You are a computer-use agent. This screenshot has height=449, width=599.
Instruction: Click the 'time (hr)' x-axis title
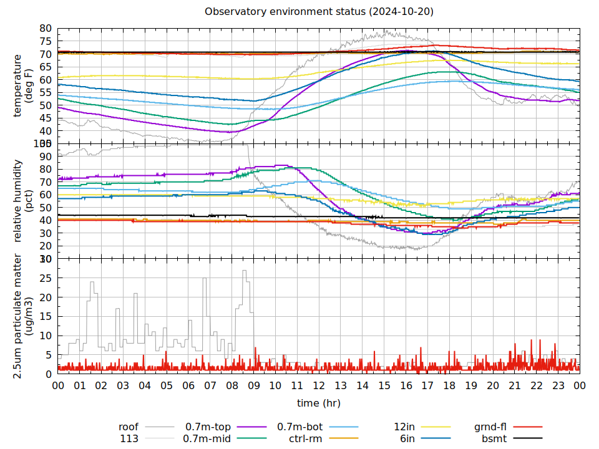[x=318, y=403]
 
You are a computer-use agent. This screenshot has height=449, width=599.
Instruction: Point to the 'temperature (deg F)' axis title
[x=23, y=85]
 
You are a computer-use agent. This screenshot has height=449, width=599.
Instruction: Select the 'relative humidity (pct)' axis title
[x=23, y=200]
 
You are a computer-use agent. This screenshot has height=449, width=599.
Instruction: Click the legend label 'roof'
[x=129, y=427]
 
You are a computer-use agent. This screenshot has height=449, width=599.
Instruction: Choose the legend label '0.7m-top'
[x=208, y=427]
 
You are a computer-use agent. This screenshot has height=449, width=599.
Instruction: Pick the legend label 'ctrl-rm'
[x=306, y=439]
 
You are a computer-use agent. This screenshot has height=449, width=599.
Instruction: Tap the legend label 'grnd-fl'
[x=490, y=427]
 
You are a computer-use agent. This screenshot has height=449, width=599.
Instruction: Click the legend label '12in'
[x=405, y=427]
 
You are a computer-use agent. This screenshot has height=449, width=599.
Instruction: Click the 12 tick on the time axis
[x=319, y=386]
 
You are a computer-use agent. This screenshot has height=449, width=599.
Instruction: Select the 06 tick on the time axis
[x=188, y=386]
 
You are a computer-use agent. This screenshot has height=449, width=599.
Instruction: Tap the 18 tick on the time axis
[x=449, y=386]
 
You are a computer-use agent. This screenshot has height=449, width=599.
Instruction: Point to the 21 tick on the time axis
[x=514, y=386]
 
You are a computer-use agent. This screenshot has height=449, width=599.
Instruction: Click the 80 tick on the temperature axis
[x=45, y=29]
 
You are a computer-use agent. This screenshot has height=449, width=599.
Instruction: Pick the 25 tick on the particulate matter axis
[x=45, y=278]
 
